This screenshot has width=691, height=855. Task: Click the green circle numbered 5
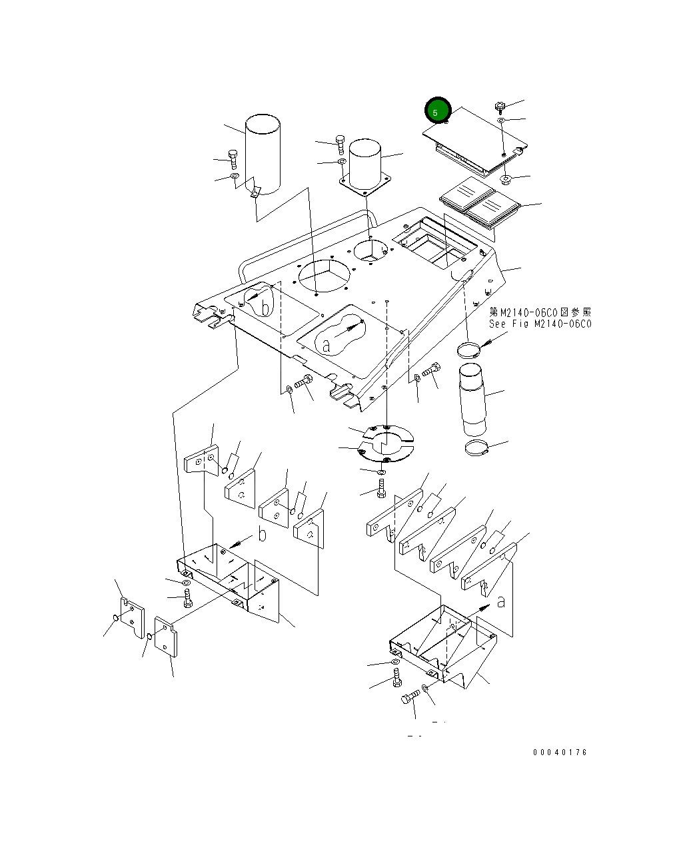click(438, 110)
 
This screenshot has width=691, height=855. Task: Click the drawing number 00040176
click(560, 752)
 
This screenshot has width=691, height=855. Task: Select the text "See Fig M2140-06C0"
click(540, 324)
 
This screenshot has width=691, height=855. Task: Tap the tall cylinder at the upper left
click(263, 154)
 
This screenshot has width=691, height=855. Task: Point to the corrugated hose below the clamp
click(473, 400)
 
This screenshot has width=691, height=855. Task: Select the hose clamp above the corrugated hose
click(468, 349)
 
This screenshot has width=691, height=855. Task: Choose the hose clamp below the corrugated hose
click(476, 448)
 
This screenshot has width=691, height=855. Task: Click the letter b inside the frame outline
click(265, 308)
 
